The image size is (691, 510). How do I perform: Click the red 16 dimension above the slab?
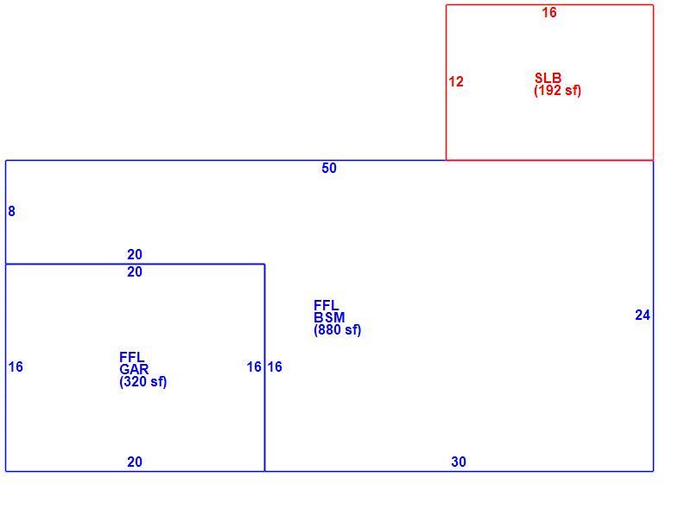coord(549,12)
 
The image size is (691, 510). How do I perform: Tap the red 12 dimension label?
coord(456,81)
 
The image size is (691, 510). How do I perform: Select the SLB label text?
coord(548,78)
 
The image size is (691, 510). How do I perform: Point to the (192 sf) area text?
coord(557,91)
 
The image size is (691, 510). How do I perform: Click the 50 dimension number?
coord(329,168)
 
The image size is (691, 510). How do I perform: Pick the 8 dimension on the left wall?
coord(11,211)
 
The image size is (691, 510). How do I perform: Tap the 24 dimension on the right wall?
coord(643,315)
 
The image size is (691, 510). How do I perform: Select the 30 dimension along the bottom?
coord(459,462)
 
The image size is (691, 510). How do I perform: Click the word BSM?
coord(329,317)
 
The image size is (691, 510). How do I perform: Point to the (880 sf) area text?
coord(338,330)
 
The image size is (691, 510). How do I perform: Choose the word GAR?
coord(134,369)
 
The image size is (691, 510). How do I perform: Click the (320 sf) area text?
coord(143,381)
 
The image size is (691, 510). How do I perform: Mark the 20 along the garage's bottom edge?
coord(135,462)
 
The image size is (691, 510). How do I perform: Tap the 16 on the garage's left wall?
coord(16,367)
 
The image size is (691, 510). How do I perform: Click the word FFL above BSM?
coord(326,305)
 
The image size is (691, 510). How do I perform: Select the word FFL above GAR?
coord(132,357)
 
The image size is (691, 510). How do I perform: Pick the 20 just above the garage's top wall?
coord(135,254)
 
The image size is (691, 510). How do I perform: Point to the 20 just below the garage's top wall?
coord(135,271)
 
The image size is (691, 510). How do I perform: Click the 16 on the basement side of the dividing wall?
coord(275,367)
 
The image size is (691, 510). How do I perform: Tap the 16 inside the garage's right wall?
coord(254,367)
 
